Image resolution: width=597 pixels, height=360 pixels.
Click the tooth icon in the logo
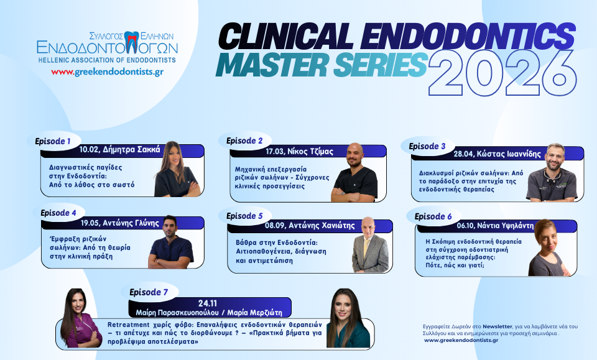[132, 42]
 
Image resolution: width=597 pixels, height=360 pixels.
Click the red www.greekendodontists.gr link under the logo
[108, 72]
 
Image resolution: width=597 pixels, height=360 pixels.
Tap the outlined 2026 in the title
[502, 73]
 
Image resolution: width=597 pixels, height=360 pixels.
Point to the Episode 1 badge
[53, 141]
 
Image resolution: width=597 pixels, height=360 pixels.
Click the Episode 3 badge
[427, 146]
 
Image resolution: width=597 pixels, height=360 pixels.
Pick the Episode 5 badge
[244, 216]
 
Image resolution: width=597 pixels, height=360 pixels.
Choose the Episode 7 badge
[149, 292]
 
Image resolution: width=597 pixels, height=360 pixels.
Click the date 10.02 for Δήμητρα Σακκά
[89, 150]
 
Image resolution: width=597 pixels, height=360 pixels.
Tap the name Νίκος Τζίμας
[310, 152]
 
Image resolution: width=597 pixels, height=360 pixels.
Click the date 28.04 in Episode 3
[463, 154]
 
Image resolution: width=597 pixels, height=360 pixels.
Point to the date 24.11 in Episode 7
[208, 303]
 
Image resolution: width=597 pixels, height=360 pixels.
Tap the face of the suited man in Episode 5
[368, 227]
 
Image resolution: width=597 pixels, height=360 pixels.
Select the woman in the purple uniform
[78, 318]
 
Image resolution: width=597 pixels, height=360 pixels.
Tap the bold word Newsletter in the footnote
[497, 326]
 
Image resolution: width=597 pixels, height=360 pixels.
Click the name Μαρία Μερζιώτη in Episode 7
[255, 313]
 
